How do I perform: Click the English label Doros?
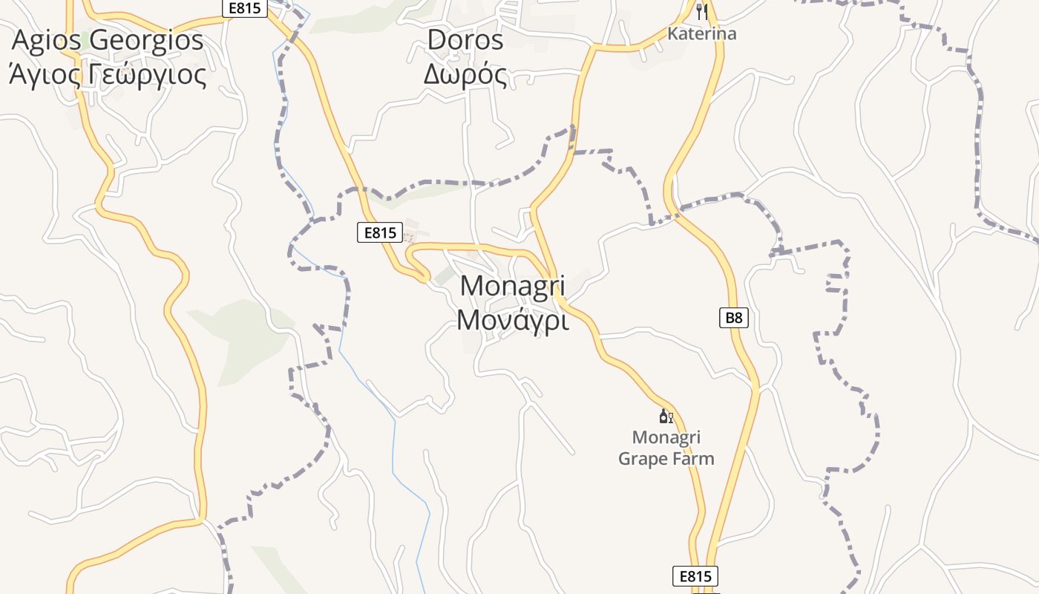pos(465,40)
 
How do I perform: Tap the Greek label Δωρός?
pos(465,75)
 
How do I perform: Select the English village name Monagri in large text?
pos(513,286)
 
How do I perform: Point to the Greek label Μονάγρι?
pos(513,321)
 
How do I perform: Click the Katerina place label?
pos(702,33)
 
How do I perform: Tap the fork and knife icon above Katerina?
pos(702,11)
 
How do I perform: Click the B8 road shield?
pos(733,319)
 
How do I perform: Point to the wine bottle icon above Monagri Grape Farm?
pos(666,417)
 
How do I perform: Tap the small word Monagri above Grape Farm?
pos(666,437)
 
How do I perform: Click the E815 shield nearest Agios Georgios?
pos(245,7)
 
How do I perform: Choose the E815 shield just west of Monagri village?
pos(379,233)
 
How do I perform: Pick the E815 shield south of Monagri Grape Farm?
pos(695,576)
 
